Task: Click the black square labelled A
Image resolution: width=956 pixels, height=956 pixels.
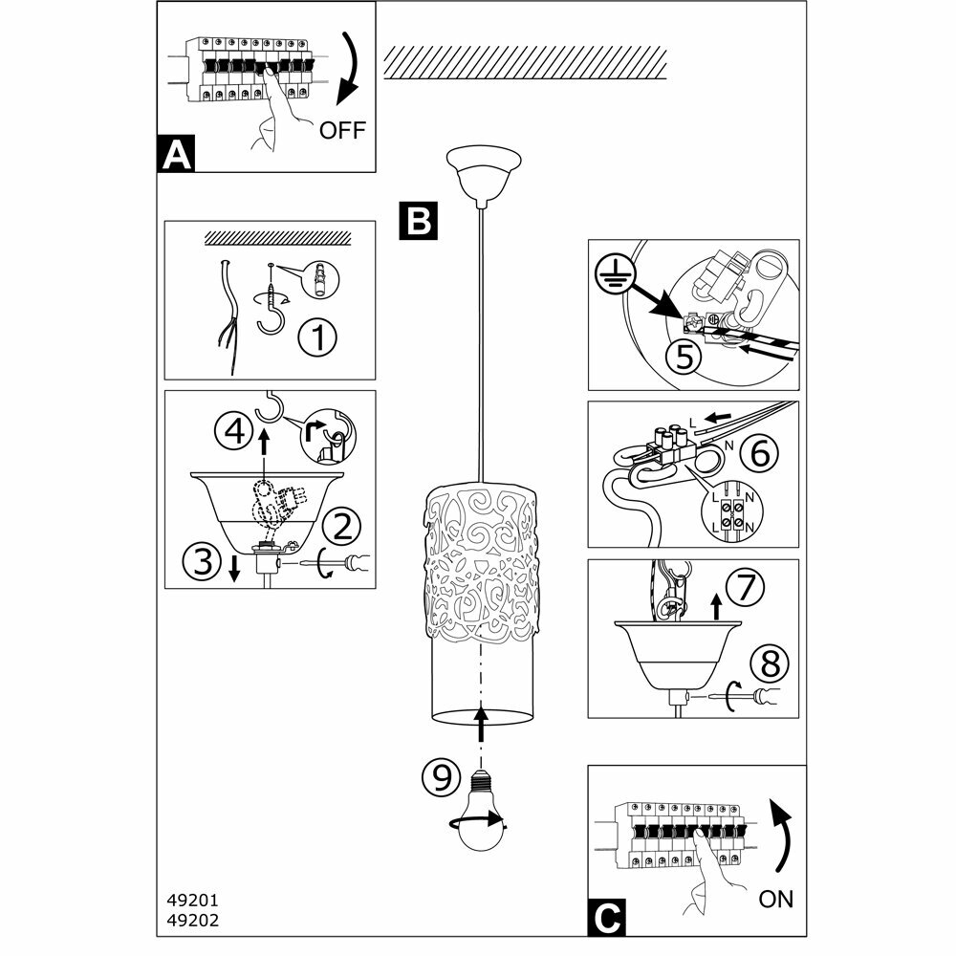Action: coord(175,154)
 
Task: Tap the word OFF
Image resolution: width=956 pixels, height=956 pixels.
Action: coord(342,131)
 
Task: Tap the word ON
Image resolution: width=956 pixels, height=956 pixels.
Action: coord(775,899)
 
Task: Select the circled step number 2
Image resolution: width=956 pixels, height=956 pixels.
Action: coord(341,524)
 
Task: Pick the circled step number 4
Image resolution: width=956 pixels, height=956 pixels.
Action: coord(232,431)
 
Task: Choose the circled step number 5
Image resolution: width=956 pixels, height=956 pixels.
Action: coord(682,357)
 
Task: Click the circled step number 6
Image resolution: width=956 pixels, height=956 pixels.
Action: coord(758,454)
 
